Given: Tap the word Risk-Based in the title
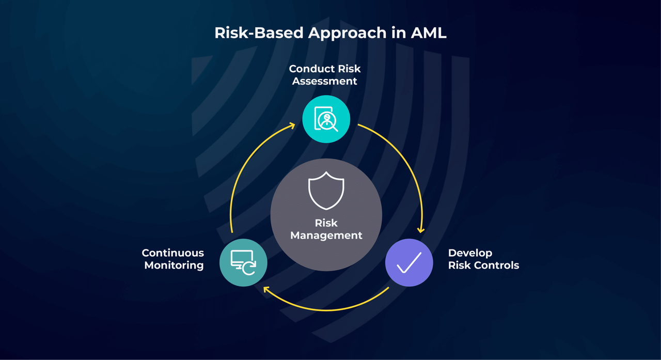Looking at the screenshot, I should tap(259, 33).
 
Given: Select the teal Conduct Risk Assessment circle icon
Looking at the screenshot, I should tap(326, 119).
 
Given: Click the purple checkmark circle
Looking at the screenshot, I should tap(409, 262).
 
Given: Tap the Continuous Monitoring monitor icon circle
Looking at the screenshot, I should tap(243, 262).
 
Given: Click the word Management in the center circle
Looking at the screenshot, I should tap(326, 236).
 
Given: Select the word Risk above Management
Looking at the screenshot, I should tap(326, 223).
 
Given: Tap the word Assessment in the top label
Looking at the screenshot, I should tap(324, 81).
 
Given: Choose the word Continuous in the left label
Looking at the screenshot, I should tap(173, 253).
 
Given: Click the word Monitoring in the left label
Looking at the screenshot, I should tap(174, 265).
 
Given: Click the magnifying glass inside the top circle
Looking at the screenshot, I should tap(329, 123).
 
